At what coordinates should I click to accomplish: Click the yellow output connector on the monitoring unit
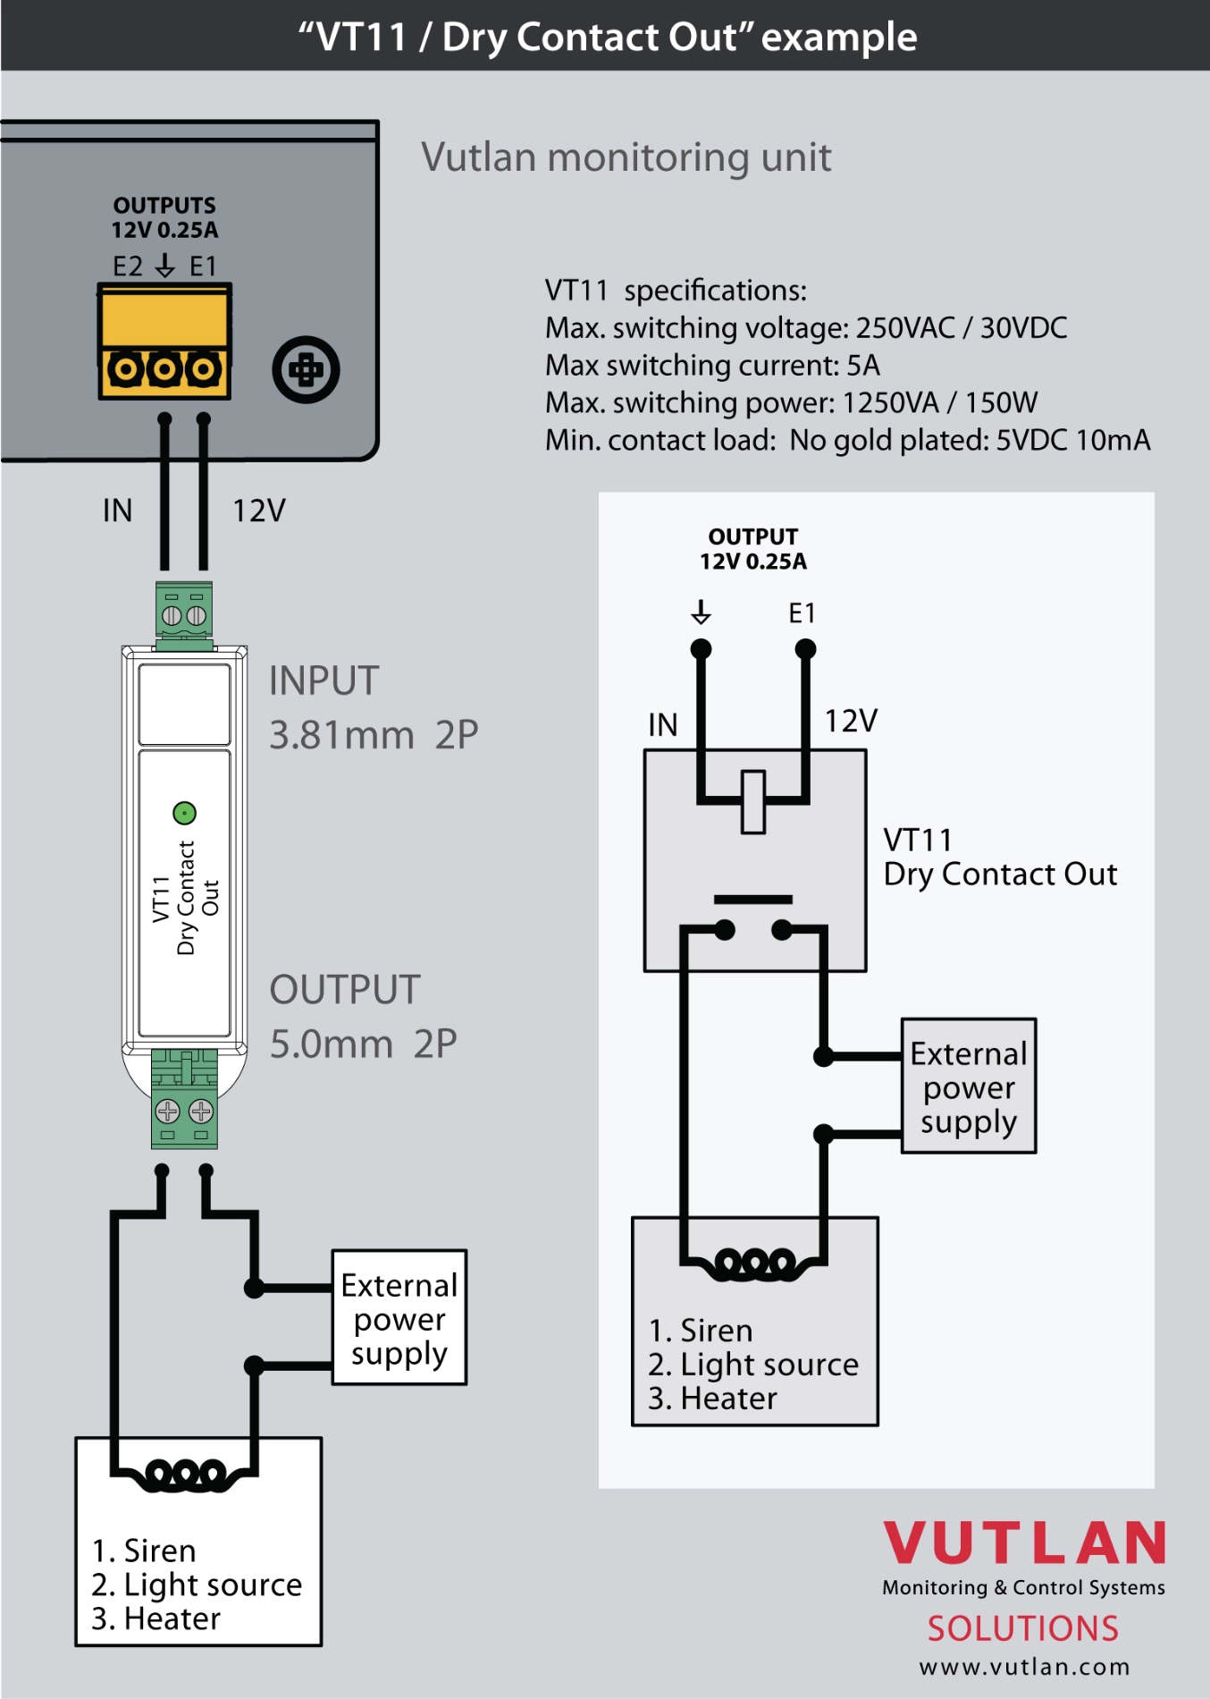click(x=164, y=342)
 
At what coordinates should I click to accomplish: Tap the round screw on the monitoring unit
click(x=306, y=369)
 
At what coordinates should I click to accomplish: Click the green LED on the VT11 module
click(x=184, y=813)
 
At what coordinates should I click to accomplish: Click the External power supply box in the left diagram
click(x=399, y=1318)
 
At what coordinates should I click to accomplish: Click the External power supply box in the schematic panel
click(x=969, y=1086)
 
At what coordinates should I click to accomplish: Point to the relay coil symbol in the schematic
click(x=753, y=801)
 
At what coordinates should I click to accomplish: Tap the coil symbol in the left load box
click(x=186, y=1473)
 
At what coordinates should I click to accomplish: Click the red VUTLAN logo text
click(x=1024, y=1543)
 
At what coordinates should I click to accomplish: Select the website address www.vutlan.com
click(x=1024, y=1667)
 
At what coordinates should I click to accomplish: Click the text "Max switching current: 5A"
click(x=712, y=366)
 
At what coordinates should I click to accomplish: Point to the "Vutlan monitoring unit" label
click(x=626, y=157)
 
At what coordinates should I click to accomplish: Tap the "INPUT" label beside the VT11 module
click(x=324, y=681)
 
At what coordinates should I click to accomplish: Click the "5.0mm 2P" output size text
click(x=364, y=1044)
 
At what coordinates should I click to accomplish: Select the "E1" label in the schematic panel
click(x=802, y=613)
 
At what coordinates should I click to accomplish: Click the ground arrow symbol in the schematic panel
click(x=702, y=613)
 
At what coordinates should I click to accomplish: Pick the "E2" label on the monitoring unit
click(x=128, y=266)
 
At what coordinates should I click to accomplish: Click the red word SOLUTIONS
click(x=1022, y=1628)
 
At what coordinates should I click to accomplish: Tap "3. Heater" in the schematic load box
click(x=712, y=1399)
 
